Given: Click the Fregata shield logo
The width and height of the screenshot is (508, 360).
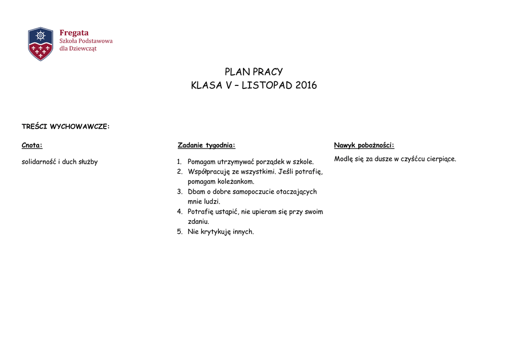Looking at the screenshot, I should [41, 44].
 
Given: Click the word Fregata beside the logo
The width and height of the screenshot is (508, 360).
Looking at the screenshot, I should [74, 33].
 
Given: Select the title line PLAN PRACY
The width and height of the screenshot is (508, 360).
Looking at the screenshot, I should [254, 72].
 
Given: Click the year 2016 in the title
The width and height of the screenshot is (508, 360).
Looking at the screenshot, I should [306, 85].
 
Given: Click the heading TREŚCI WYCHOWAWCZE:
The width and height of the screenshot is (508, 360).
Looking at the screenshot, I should [65, 127].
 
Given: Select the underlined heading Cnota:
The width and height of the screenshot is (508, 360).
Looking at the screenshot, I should [32, 145].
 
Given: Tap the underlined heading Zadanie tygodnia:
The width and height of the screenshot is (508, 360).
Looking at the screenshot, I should [206, 145].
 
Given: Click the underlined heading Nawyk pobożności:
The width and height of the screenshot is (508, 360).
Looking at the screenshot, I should [364, 145].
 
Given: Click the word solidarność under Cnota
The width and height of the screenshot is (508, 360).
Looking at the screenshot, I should [39, 162].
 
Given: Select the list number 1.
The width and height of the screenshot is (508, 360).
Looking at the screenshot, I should [180, 162].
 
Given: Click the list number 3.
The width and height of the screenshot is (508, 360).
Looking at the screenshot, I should [180, 192].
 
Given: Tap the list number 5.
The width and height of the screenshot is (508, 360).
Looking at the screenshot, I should [180, 231].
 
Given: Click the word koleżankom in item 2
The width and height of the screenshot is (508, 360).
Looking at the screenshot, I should [236, 182].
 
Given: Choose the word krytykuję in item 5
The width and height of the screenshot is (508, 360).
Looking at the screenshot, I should [215, 231].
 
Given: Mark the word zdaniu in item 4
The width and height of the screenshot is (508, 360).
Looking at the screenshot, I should [198, 221].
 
